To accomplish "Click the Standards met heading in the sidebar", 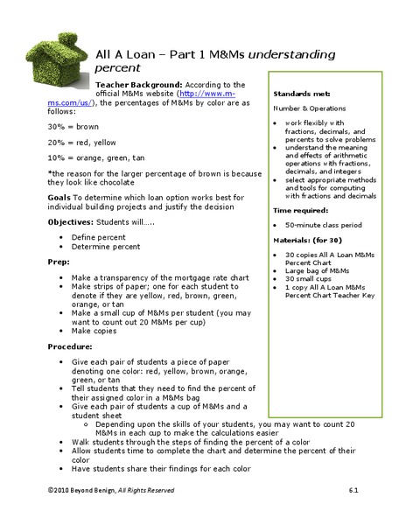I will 301,92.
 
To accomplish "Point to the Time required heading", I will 301,210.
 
